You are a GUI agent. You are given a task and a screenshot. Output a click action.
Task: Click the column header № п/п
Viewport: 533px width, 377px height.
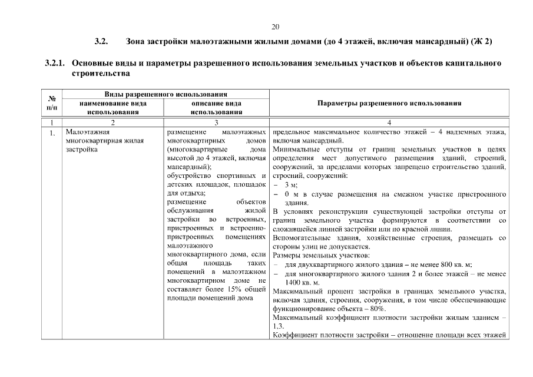coord(52,103)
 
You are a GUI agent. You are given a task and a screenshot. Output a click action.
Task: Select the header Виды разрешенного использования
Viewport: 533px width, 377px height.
coord(165,94)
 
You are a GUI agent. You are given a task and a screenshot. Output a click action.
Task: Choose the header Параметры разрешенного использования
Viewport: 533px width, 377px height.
coord(389,103)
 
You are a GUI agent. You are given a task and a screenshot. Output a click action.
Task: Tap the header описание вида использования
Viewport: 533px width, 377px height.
coord(216,107)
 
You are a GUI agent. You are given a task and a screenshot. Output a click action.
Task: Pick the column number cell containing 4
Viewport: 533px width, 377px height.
coord(389,122)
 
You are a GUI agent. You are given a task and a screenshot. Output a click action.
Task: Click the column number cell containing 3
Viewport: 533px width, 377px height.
coord(216,122)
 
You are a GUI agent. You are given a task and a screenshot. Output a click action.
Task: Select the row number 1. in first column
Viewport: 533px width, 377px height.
coord(52,133)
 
